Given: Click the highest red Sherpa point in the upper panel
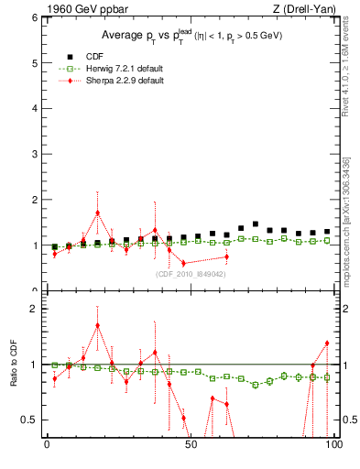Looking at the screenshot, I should (x=97, y=213).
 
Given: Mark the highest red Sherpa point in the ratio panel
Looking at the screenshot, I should (x=97, y=325).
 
